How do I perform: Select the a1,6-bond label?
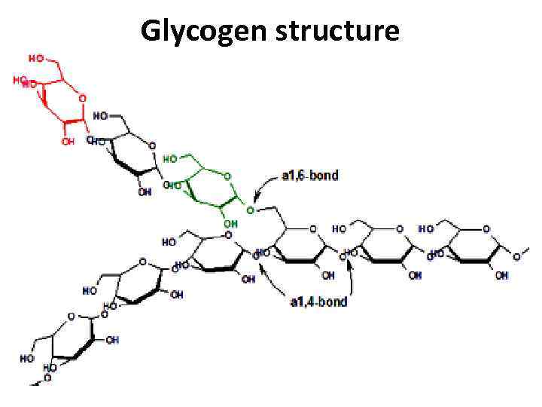pyautogui.click(x=310, y=176)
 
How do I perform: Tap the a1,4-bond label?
pyautogui.click(x=319, y=302)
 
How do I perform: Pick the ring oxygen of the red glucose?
pyautogui.click(x=82, y=98)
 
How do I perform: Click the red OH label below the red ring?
pyautogui.click(x=69, y=141)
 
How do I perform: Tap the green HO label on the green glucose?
pyautogui.click(x=171, y=159)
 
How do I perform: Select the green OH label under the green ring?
pyautogui.click(x=230, y=224)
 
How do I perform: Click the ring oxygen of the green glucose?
pyautogui.click(x=228, y=177)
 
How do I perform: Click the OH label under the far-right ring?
pyautogui.click(x=501, y=276)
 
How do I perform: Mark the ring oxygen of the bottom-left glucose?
pyautogui.click(x=71, y=317)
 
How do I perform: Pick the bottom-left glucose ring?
pyautogui.click(x=73, y=335)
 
